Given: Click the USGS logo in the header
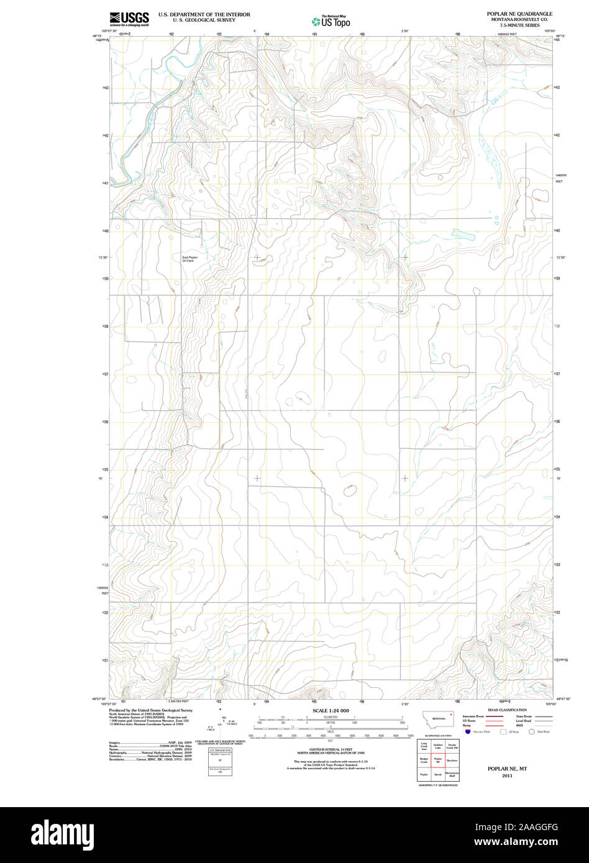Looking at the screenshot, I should click(129, 19).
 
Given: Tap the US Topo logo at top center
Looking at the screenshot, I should click(331, 21).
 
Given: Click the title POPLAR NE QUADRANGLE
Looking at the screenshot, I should click(519, 13).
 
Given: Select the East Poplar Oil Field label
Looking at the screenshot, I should click(188, 259).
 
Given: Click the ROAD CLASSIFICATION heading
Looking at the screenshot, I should click(507, 710).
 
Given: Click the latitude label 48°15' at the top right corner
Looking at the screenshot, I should click(560, 36).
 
